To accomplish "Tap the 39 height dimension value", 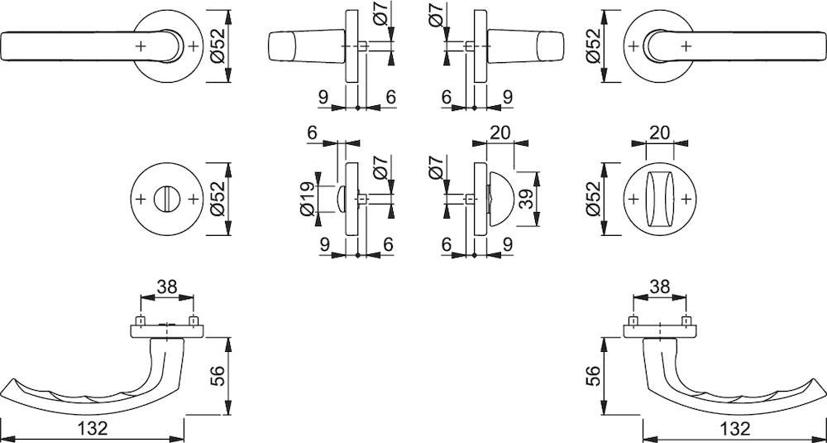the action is click(526, 198).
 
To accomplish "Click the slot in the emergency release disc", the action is click(167, 199).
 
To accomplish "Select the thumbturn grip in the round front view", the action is click(660, 199).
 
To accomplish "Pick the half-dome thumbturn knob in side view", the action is click(500, 199).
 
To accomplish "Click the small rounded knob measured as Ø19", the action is click(341, 199).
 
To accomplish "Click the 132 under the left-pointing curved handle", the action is click(95, 428).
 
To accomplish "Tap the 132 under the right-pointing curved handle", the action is click(735, 428).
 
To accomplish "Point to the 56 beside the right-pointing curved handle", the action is click(593, 376).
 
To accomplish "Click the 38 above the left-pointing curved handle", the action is click(167, 287).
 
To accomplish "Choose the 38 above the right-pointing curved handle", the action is click(660, 287).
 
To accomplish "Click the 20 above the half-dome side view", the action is click(500, 132).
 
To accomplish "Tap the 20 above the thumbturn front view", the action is click(660, 132).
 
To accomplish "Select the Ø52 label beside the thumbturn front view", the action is click(593, 199).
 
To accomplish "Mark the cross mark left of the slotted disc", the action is click(141, 199).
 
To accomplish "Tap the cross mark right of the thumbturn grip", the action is click(686, 199).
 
